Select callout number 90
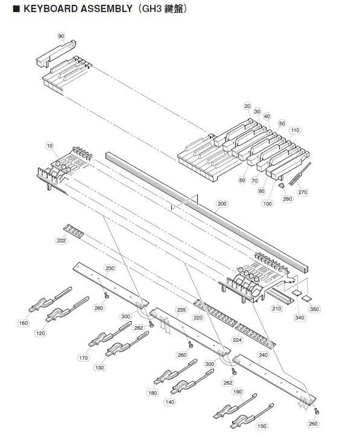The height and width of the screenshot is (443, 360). click(61, 37)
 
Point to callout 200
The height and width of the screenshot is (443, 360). click(222, 204)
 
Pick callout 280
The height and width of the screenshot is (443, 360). click(287, 199)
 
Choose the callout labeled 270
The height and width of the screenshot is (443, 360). click(303, 192)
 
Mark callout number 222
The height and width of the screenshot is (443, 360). click(60, 239)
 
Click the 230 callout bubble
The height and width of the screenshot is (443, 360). click(110, 268)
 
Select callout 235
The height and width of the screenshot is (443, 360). click(181, 309)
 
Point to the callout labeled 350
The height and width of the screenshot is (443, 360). click(314, 308)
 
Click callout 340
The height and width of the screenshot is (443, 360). click(300, 317)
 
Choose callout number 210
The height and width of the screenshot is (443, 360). click(276, 308)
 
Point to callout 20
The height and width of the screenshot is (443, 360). click(230, 105)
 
